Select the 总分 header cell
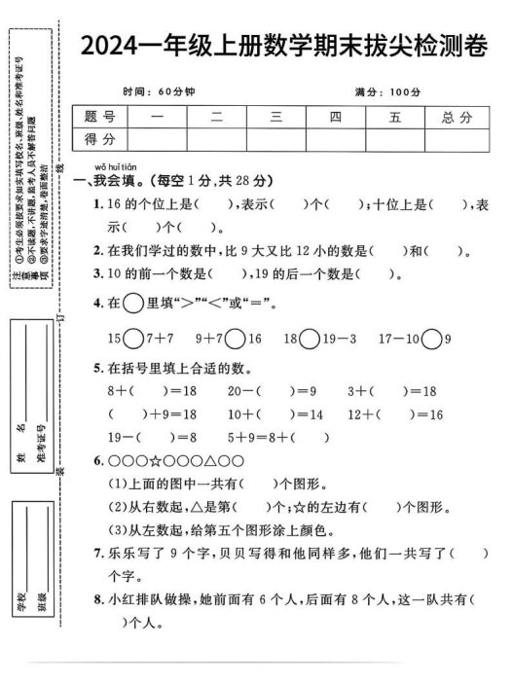tap(455, 117)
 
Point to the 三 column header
tap(276, 117)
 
